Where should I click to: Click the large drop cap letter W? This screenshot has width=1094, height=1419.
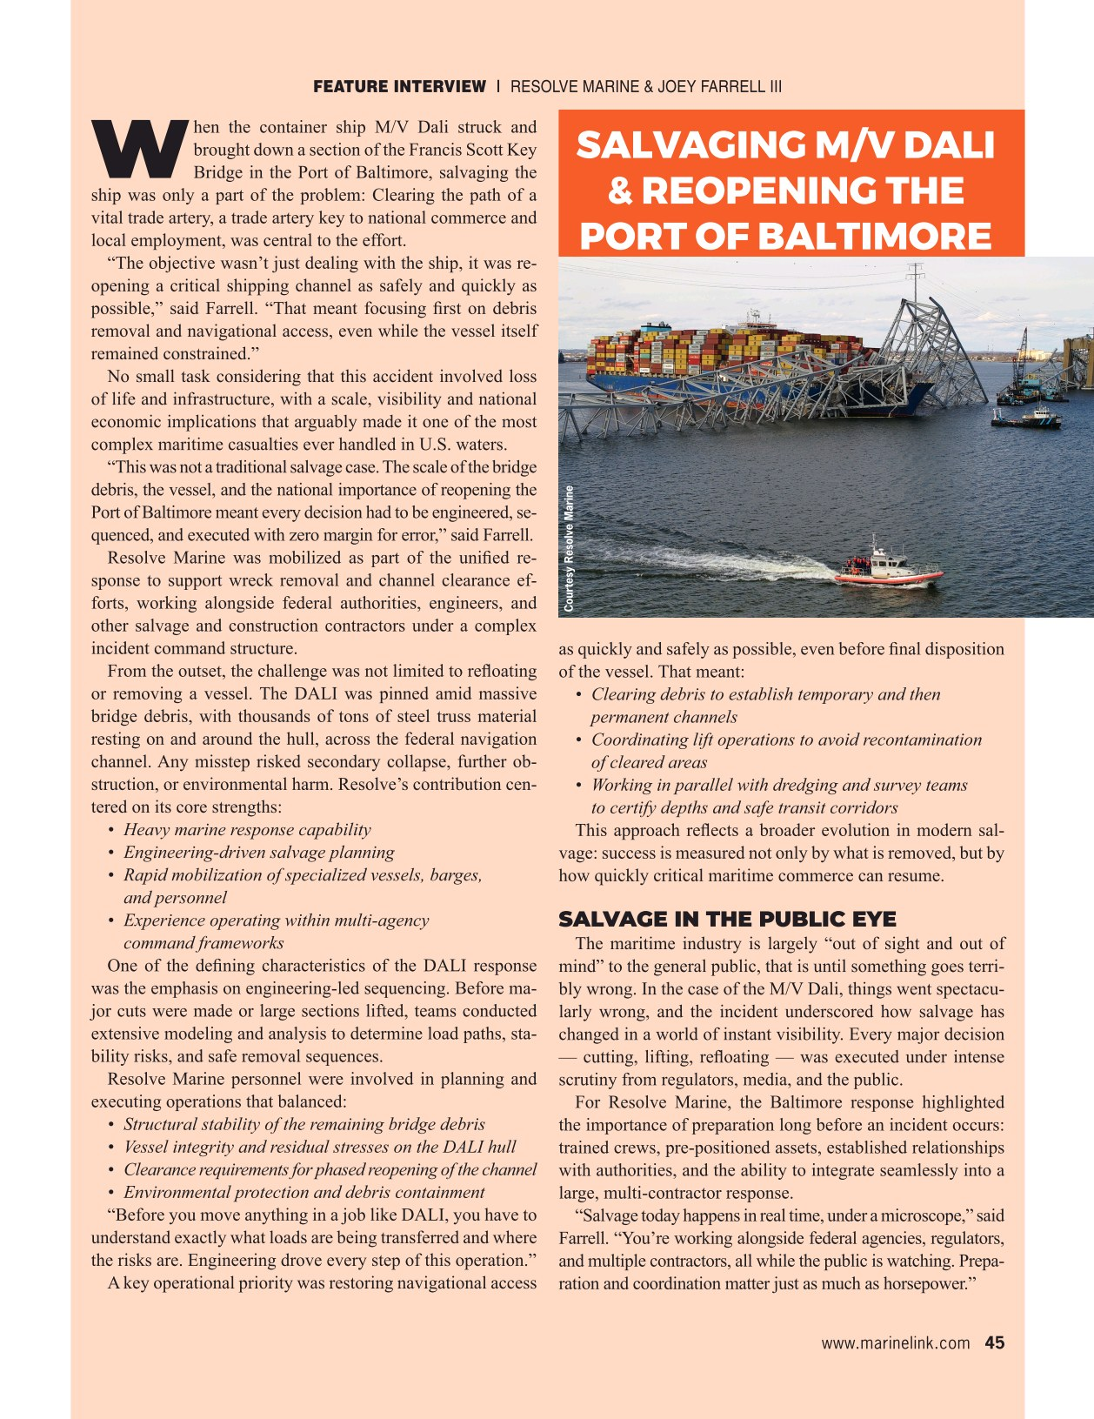click(140, 146)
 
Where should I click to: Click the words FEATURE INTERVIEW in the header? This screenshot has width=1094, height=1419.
click(399, 86)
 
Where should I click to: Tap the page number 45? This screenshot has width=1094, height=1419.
click(994, 1342)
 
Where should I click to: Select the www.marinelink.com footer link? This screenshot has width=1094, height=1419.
click(895, 1342)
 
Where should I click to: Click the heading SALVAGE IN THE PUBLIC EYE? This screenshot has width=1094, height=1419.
click(727, 920)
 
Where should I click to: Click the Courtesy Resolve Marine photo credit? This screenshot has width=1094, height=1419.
click(569, 548)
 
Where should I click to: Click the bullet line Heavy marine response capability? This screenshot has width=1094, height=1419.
click(247, 830)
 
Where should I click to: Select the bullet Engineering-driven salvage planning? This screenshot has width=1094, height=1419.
click(258, 853)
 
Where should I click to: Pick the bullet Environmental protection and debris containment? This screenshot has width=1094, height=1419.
click(304, 1192)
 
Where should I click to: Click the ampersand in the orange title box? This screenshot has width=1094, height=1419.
click(620, 191)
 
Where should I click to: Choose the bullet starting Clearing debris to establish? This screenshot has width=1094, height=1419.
click(765, 694)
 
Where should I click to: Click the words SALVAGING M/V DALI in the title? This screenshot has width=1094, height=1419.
click(784, 145)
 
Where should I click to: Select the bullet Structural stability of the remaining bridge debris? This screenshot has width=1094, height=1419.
click(304, 1124)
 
